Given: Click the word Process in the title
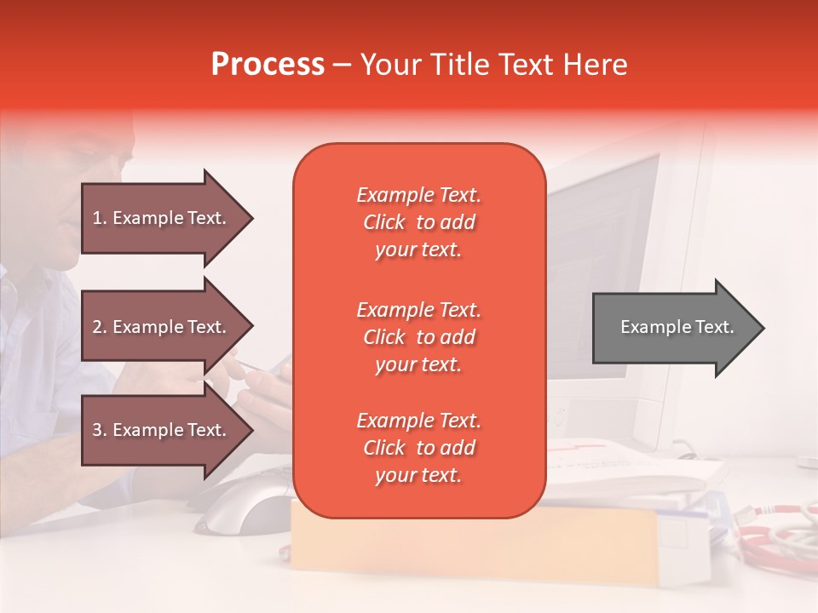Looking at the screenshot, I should [268, 65].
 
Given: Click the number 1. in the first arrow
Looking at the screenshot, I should [100, 218].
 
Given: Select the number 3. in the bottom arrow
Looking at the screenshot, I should [100, 430].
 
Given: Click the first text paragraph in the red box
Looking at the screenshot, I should [418, 222].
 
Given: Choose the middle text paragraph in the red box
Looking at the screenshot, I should [418, 337].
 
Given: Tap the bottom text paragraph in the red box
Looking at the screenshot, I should [418, 448].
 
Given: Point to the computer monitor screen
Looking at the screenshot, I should [605, 255].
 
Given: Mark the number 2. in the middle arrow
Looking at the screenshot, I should [100, 327].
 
